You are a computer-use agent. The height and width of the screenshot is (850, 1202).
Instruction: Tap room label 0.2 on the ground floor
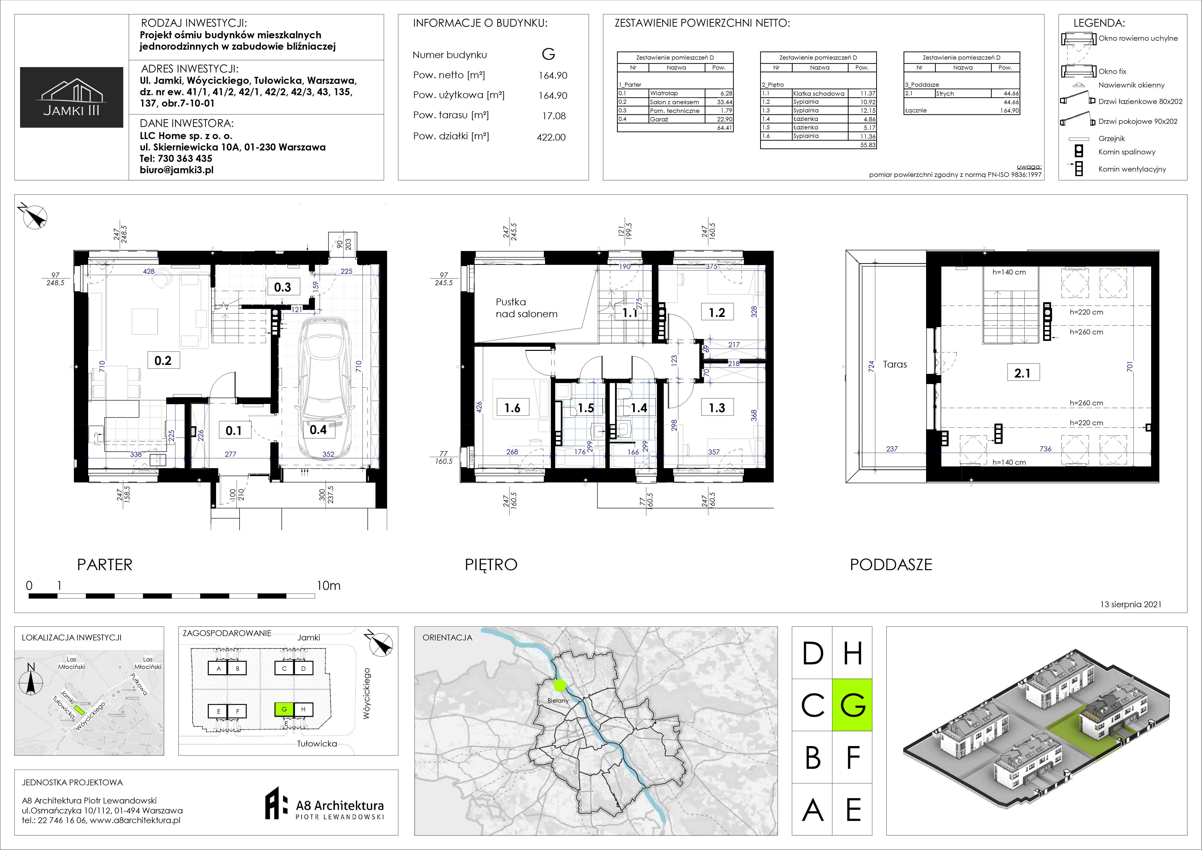(163, 360)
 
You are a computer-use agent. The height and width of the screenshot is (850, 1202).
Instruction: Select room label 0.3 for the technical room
(283, 287)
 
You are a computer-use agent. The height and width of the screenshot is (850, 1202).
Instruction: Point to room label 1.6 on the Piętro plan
(512, 408)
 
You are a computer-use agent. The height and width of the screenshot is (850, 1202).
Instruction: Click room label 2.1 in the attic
(1022, 373)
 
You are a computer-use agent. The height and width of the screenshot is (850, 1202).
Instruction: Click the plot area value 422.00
(551, 137)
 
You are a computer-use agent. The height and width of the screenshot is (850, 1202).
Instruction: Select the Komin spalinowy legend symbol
(1078, 151)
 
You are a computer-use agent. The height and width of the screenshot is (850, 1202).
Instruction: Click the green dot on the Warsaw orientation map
(560, 685)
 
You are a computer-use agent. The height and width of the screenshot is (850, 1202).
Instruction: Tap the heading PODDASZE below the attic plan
(891, 565)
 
